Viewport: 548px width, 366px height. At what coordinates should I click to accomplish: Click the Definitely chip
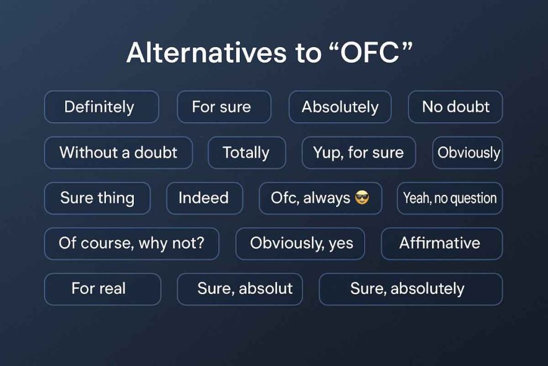(101, 107)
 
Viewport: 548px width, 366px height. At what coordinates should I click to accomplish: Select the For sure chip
(224, 107)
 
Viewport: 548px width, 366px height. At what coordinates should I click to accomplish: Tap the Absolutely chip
(340, 107)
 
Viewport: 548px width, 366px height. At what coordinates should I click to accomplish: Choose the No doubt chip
(455, 107)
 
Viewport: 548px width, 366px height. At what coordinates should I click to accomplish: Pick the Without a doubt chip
(118, 153)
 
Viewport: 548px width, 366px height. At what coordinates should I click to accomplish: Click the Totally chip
(246, 153)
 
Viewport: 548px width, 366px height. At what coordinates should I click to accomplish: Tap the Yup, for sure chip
(359, 153)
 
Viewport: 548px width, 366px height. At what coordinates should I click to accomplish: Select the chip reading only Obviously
(468, 153)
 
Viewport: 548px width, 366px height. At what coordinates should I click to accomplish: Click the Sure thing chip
(97, 198)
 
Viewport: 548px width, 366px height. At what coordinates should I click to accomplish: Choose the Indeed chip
(204, 198)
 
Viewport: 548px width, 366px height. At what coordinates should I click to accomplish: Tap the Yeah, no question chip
(450, 198)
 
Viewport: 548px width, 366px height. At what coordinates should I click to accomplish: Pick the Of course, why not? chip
(131, 243)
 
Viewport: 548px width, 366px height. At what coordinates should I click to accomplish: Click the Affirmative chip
(441, 243)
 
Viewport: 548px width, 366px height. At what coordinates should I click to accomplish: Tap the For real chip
(102, 289)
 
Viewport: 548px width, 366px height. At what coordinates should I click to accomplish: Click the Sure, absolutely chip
(410, 289)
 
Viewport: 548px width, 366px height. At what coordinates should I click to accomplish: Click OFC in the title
(365, 54)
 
